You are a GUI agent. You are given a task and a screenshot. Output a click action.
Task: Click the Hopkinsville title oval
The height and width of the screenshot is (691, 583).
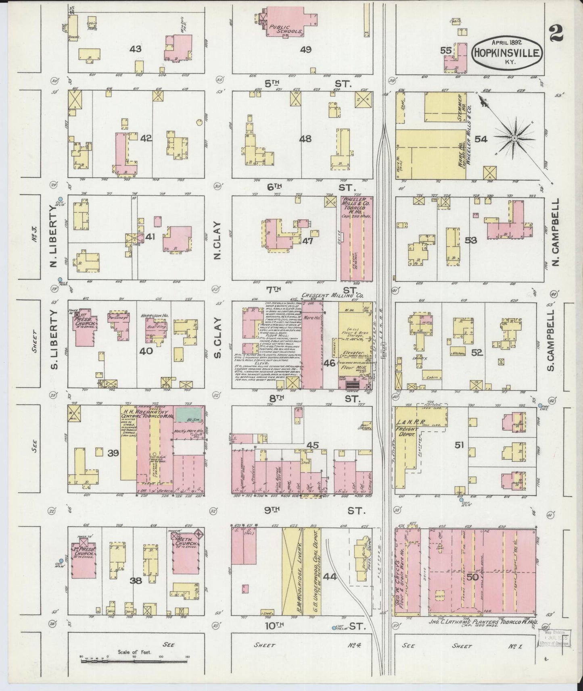pos(507,53)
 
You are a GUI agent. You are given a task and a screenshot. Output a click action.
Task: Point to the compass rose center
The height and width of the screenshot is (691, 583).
pos(514,138)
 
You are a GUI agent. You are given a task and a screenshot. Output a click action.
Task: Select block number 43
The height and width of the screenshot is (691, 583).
pos(135,50)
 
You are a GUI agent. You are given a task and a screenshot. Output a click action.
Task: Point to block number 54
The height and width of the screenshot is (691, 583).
pos(481,139)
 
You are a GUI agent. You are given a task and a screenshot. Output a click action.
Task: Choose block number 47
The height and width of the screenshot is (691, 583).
pos(308,241)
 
